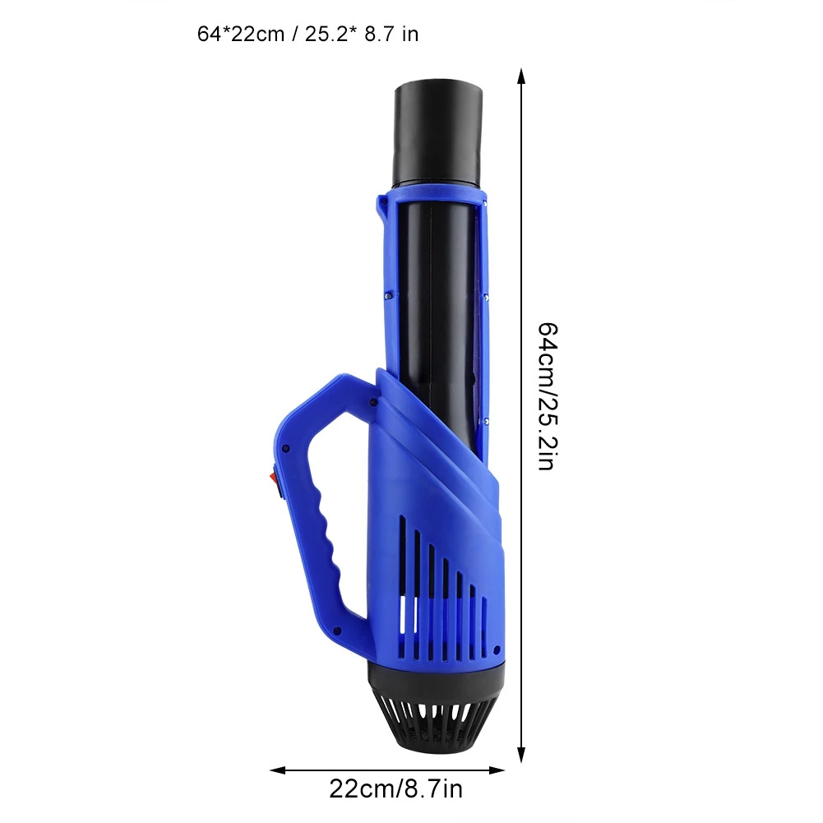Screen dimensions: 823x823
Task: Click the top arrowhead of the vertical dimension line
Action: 520,76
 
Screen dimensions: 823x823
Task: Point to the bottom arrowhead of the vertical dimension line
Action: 520,755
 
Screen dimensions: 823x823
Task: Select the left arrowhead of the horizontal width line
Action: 278,770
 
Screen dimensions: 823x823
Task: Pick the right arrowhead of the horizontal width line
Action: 497,770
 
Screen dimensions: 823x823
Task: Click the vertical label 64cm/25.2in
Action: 547,397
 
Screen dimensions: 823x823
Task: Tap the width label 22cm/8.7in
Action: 395,789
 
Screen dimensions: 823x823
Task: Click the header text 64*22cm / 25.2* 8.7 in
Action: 307,34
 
